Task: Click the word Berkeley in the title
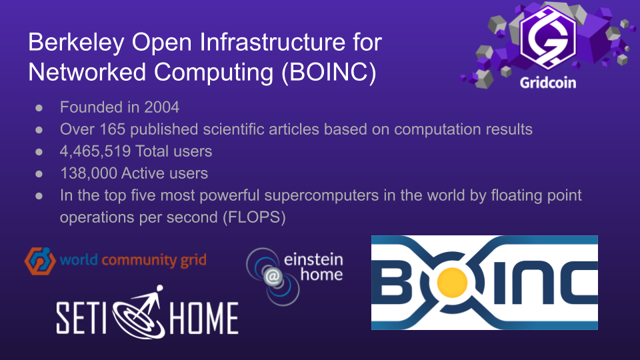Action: point(76,43)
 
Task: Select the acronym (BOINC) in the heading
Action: point(329,73)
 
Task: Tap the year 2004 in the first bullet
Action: point(161,107)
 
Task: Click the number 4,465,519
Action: point(95,152)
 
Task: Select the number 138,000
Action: point(89,173)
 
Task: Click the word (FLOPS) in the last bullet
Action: point(254,217)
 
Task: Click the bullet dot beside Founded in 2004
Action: point(39,108)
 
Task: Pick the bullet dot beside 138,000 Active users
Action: point(39,174)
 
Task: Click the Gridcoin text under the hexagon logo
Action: point(548,83)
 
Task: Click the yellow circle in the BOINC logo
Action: point(452,283)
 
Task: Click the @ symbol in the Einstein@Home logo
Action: point(273,277)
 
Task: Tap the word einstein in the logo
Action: point(313,259)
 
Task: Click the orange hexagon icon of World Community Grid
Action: point(40,261)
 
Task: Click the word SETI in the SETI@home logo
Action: point(81,317)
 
